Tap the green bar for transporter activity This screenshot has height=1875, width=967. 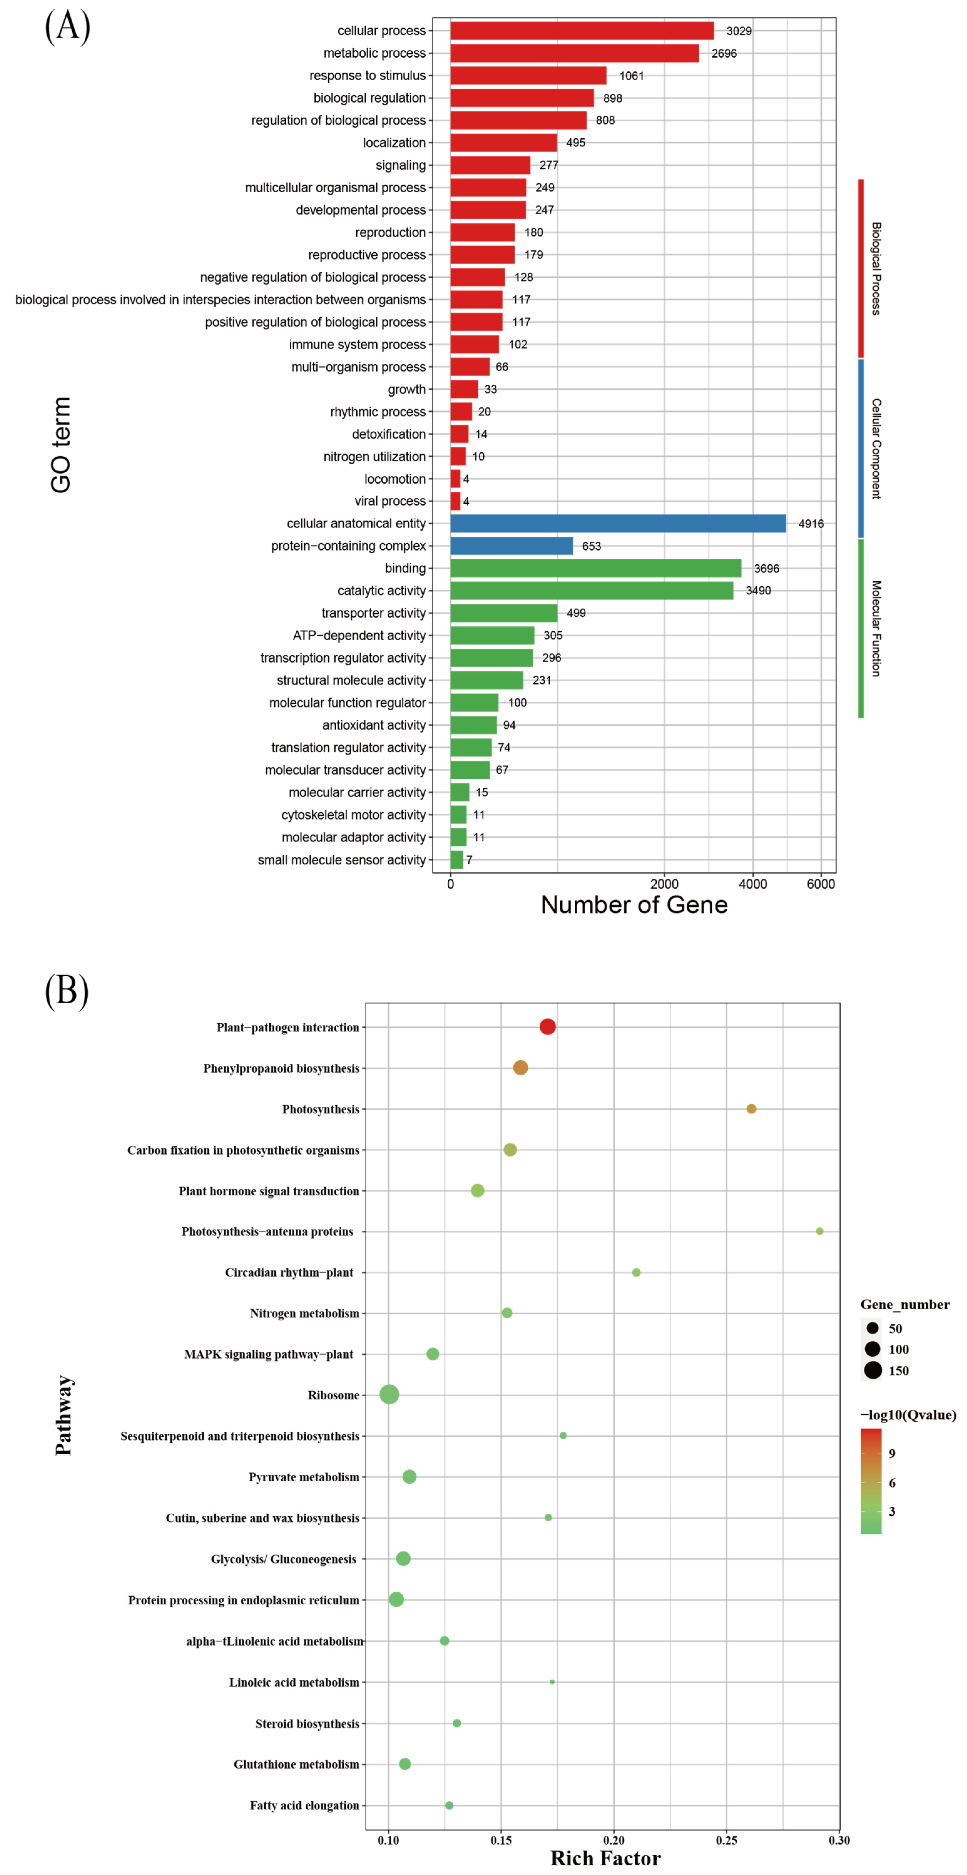pos(503,613)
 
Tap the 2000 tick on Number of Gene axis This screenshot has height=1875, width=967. pos(664,884)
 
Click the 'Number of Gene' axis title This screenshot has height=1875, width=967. pos(634,905)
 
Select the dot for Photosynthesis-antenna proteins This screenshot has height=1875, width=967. pos(819,1231)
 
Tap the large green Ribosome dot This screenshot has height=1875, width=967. pos(389,1395)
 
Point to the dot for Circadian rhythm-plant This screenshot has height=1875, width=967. pos(636,1272)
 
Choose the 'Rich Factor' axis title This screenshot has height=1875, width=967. pos(605,1858)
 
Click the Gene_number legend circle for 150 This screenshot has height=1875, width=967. pos(873,1371)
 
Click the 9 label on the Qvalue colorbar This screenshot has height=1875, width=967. pos(892,1454)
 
